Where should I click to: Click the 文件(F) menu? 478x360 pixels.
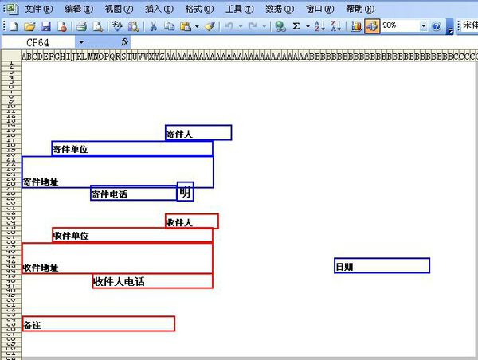click(x=38, y=9)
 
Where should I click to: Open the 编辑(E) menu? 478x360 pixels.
click(x=79, y=9)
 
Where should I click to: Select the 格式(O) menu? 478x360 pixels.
click(x=198, y=9)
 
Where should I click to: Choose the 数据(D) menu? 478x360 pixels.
click(x=278, y=9)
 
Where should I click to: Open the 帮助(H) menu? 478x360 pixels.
click(x=358, y=9)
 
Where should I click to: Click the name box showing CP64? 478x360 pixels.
click(x=48, y=41)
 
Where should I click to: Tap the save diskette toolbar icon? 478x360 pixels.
click(x=46, y=26)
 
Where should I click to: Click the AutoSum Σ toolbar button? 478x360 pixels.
click(x=296, y=26)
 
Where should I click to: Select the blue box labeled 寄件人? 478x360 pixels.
click(x=198, y=133)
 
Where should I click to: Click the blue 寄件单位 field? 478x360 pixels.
click(x=132, y=148)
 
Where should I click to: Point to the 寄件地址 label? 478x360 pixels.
click(x=41, y=182)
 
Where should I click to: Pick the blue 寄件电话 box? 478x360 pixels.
click(x=133, y=194)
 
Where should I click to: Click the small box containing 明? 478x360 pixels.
click(x=185, y=192)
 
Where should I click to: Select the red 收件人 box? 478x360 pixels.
click(x=191, y=221)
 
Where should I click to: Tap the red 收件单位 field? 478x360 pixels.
click(x=132, y=235)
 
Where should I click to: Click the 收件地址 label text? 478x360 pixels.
click(x=41, y=268)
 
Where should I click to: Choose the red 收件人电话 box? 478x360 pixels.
click(x=152, y=281)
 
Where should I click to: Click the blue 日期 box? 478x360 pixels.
click(x=382, y=266)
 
